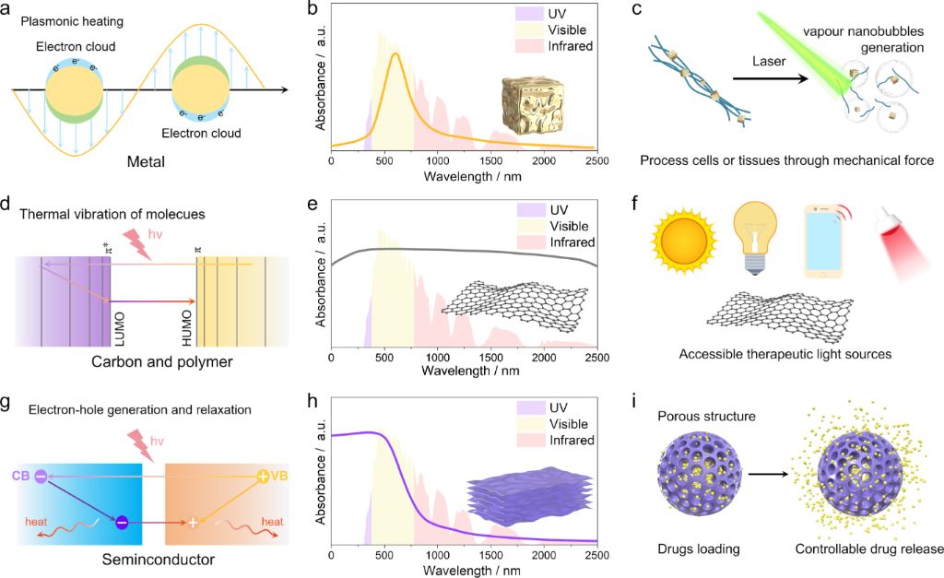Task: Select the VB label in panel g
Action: click(280, 476)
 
